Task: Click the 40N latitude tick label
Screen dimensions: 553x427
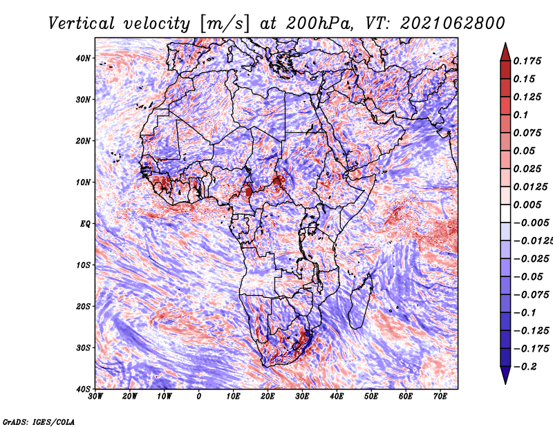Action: coord(83,58)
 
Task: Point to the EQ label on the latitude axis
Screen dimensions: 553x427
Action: coord(85,224)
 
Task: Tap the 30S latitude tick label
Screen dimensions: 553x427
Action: coord(83,348)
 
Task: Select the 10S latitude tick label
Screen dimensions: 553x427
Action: coord(83,265)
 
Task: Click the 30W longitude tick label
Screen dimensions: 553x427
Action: coord(95,397)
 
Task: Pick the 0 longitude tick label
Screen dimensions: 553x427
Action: coord(199,397)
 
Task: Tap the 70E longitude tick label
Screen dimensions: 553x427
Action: coord(440,397)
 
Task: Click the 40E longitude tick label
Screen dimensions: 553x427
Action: coord(337,397)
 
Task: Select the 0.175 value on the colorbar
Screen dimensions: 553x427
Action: coord(527,61)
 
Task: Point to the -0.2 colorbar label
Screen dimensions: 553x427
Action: coord(525,366)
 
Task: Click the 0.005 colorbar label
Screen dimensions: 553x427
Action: coord(527,205)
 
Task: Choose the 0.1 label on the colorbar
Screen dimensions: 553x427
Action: coord(521,115)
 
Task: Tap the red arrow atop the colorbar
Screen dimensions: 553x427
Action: coord(505,53)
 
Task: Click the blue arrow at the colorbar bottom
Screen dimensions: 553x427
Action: coord(505,374)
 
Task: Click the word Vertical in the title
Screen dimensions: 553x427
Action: coord(82,23)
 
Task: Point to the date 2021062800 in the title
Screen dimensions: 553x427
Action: coord(453,23)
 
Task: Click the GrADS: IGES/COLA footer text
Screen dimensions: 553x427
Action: coord(39,421)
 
